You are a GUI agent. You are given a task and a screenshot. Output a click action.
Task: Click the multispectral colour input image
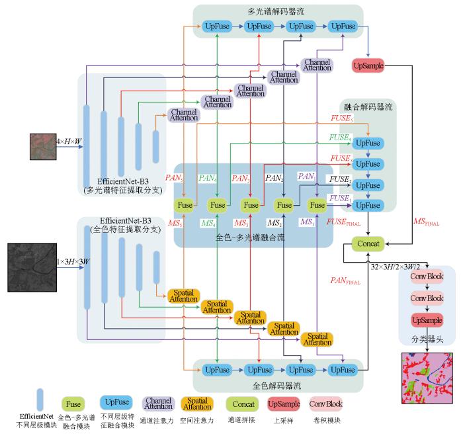[42, 147]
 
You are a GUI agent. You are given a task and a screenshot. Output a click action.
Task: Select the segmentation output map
[427, 377]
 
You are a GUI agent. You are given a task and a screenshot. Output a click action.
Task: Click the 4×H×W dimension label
[69, 142]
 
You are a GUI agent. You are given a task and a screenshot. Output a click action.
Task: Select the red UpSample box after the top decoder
[369, 65]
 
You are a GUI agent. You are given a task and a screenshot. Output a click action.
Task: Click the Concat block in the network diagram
[368, 244]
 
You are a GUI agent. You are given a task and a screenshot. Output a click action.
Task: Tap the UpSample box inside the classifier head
[427, 320]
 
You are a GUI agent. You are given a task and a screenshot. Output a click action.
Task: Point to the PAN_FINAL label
[345, 281]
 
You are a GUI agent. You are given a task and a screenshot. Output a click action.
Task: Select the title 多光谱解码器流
[278, 11]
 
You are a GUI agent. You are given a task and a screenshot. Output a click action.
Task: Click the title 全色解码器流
[278, 384]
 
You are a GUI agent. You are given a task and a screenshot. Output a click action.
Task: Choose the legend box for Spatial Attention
[196, 403]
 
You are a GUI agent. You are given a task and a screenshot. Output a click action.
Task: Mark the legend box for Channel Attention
[159, 403]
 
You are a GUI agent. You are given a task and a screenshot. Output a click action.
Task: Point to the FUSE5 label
[341, 118]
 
